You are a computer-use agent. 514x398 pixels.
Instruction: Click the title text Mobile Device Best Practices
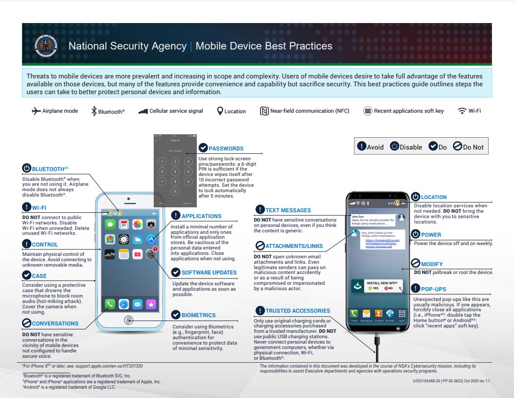pos(264,46)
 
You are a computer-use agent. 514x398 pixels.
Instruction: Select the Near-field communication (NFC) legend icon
pos(264,111)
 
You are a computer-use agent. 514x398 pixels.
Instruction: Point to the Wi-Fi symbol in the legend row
pos(462,111)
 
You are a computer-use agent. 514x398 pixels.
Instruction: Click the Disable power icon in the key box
pos(394,147)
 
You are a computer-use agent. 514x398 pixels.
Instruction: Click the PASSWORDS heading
pos(226,149)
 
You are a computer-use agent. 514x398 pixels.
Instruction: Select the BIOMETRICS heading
pos(198,315)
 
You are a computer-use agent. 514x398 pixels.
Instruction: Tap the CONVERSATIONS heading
pos(55,323)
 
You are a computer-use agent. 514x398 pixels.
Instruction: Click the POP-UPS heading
pos(433,289)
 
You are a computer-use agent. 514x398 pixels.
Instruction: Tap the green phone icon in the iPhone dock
pos(110,304)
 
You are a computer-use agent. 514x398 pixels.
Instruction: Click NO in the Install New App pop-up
pos(389,288)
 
